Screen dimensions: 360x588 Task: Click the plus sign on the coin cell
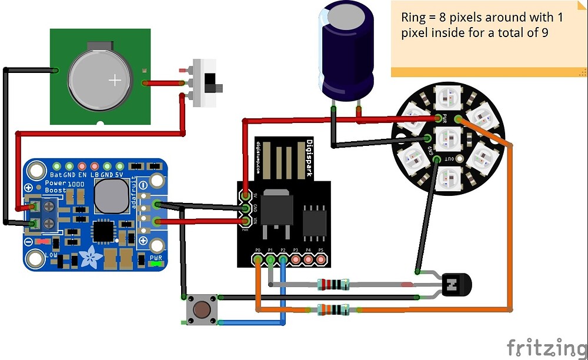116,80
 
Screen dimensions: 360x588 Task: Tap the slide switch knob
219,89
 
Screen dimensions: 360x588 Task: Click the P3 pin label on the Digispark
295,251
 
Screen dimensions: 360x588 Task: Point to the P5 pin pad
320,258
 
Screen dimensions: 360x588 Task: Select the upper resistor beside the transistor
333,285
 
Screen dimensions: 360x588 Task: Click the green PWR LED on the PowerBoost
155,264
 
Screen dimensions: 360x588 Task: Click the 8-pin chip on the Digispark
315,222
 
